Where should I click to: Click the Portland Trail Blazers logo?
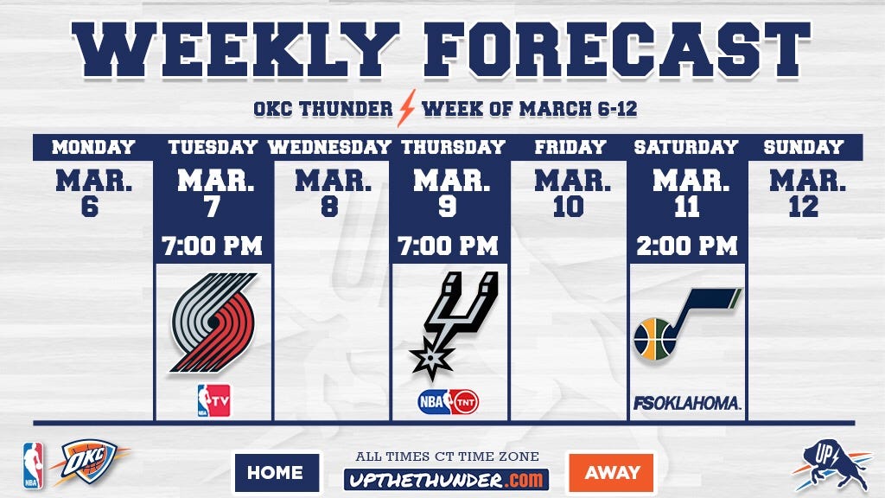pyautogui.click(x=213, y=322)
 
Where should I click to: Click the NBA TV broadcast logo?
pyautogui.click(x=214, y=400)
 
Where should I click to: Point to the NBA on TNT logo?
pyautogui.click(x=449, y=402)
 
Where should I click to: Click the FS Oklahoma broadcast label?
pyautogui.click(x=686, y=403)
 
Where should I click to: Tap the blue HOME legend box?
pyautogui.click(x=277, y=473)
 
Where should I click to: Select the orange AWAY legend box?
pyautogui.click(x=611, y=472)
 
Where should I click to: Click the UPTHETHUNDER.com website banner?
pyautogui.click(x=446, y=480)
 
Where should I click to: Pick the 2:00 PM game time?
pyautogui.click(x=687, y=246)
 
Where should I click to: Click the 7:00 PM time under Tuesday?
pyautogui.click(x=213, y=246)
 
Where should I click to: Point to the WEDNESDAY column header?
pyautogui.click(x=329, y=147)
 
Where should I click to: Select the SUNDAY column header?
pyautogui.click(x=804, y=147)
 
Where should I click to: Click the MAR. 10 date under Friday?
pyautogui.click(x=572, y=194)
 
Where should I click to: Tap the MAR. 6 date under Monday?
pyautogui.click(x=93, y=194)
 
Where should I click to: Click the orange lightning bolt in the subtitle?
pyautogui.click(x=406, y=108)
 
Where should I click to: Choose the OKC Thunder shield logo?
pyautogui.click(x=89, y=462)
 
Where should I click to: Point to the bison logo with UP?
pyautogui.click(x=832, y=465)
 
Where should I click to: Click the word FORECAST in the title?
pyautogui.click(x=617, y=49)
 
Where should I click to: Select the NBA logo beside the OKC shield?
pyautogui.click(x=33, y=466)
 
